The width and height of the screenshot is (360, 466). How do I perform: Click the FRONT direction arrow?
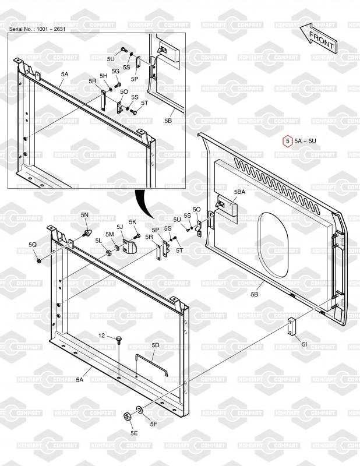pyautogui.click(x=319, y=38)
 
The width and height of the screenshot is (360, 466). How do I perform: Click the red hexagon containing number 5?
pyautogui.click(x=287, y=141)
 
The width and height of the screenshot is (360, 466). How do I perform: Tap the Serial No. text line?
pyautogui.click(x=37, y=29)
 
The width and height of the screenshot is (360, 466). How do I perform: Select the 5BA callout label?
pyautogui.click(x=239, y=192)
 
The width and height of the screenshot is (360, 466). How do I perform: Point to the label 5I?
pyautogui.click(x=304, y=344)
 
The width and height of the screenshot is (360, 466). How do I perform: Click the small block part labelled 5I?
pyautogui.click(x=292, y=326)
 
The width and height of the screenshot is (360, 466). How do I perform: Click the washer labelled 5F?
pyautogui.click(x=139, y=410)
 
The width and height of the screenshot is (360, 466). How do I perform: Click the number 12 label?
pyautogui.click(x=102, y=336)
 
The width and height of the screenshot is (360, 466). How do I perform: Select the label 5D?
pyautogui.click(x=156, y=345)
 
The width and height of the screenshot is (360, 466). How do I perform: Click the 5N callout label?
pyautogui.click(x=84, y=214)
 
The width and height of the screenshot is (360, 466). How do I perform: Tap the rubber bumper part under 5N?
pyautogui.click(x=87, y=232)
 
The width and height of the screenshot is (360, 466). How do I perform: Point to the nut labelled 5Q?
pyautogui.click(x=38, y=261)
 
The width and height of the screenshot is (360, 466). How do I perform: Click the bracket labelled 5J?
pyautogui.click(x=129, y=245)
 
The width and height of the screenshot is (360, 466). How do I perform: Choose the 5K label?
pyautogui.click(x=132, y=222)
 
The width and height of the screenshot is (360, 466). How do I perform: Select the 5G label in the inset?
pyautogui.click(x=115, y=71)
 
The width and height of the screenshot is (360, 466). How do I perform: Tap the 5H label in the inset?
pyautogui.click(x=103, y=76)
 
